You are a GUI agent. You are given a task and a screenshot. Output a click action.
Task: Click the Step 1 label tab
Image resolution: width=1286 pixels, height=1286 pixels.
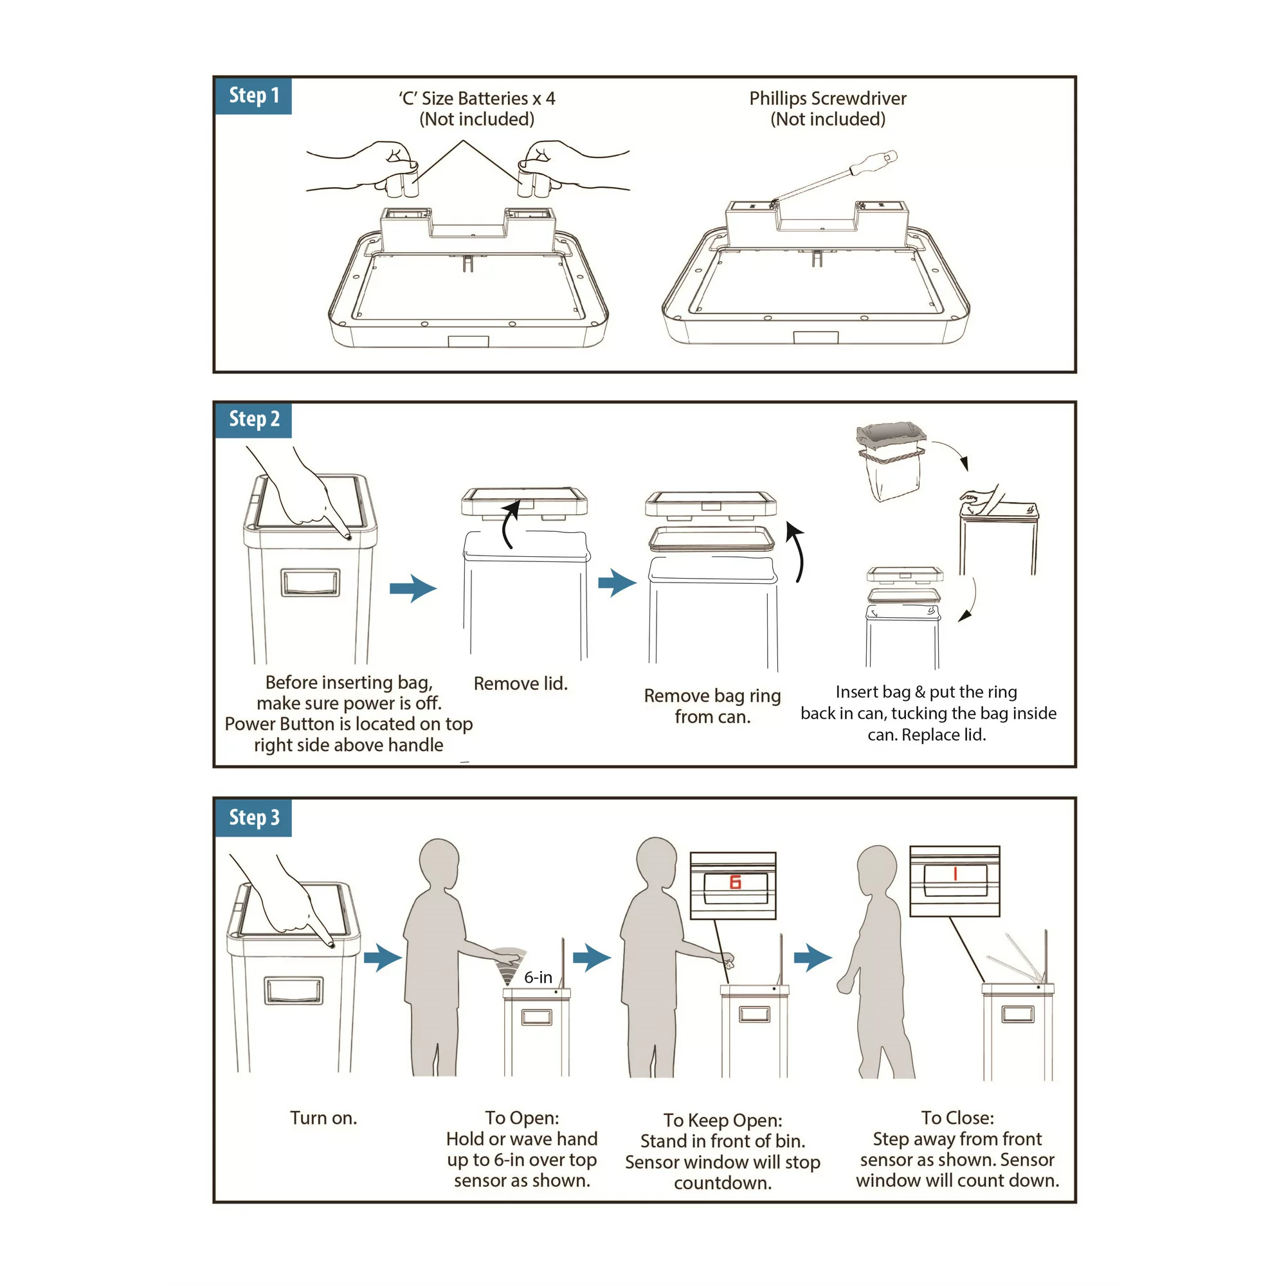[253, 96]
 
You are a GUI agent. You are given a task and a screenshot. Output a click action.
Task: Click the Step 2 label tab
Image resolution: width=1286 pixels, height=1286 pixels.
[253, 419]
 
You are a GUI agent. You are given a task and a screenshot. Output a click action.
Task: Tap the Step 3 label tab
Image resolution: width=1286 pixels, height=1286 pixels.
[253, 817]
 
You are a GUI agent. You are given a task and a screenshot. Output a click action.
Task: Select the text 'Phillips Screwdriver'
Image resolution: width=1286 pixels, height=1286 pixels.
[828, 98]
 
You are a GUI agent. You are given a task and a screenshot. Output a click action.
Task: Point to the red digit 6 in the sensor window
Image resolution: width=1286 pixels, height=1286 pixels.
[735, 882]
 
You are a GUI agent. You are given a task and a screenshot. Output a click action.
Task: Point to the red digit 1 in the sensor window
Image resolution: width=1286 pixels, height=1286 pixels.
[955, 874]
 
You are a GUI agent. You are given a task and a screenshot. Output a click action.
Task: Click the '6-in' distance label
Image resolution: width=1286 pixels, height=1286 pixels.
[538, 977]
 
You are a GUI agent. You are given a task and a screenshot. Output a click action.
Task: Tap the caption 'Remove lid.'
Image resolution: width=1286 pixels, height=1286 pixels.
[521, 684]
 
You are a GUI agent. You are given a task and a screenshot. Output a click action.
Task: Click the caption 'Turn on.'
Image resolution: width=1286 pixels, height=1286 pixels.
[323, 1118]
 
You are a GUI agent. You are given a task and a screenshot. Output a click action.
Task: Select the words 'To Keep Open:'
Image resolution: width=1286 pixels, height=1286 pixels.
[722, 1120]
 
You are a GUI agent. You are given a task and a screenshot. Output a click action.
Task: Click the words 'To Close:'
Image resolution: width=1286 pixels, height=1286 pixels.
[957, 1118]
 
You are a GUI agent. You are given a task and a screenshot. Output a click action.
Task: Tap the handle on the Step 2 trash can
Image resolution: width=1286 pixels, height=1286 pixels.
[310, 583]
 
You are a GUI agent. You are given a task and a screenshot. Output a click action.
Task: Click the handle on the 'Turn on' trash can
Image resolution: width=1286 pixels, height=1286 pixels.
[294, 990]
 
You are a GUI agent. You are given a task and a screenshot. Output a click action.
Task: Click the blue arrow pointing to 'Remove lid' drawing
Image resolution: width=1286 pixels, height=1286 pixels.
[413, 588]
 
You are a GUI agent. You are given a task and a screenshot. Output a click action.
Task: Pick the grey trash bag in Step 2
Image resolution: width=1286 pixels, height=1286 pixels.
[891, 459]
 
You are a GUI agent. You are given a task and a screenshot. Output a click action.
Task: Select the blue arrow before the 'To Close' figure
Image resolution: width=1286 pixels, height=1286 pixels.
[813, 958]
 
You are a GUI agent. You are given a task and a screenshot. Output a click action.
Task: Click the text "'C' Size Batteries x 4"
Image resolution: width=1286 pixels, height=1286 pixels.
[476, 98]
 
